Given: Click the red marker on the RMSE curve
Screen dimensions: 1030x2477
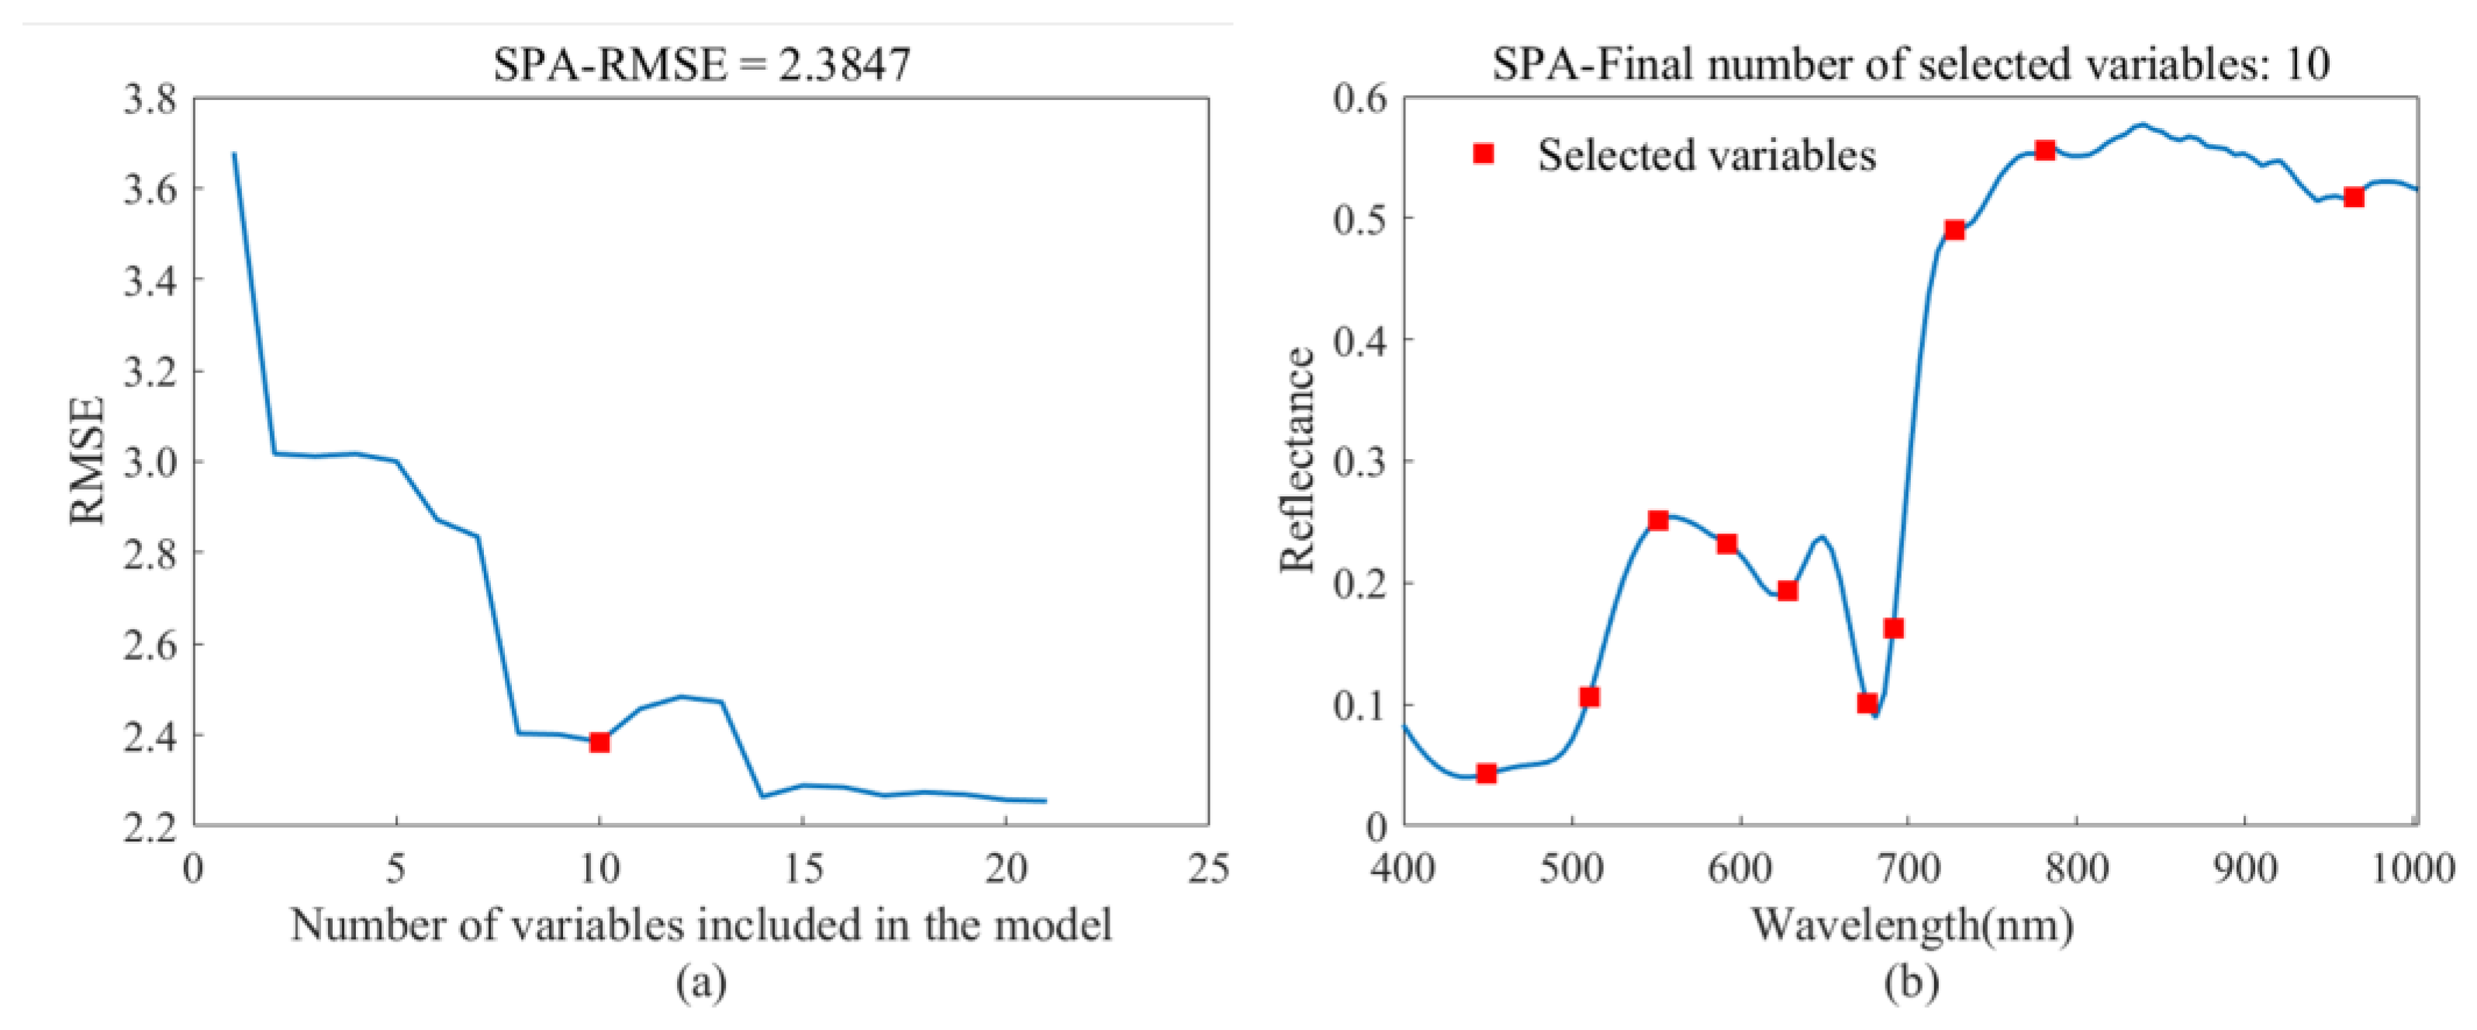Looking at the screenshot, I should [599, 741].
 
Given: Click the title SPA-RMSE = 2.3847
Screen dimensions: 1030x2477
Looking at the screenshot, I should [701, 65].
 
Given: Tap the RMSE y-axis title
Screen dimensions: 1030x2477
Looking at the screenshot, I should [88, 461].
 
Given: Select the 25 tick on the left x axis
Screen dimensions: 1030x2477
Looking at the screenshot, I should [1207, 869].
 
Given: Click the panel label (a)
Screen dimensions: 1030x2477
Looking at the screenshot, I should [701, 983].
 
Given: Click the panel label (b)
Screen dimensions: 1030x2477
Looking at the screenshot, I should [1912, 983].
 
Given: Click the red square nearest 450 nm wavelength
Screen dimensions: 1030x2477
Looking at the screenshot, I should [1487, 773].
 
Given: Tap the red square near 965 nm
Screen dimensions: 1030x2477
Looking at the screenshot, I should [2354, 197].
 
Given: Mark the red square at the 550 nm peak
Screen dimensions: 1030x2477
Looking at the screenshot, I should [1659, 520].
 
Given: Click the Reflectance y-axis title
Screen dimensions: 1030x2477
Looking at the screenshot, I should [1297, 461].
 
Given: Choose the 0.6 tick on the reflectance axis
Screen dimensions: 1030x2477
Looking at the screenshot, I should [1360, 99].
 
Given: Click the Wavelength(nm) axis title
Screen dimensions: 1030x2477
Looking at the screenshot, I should [1912, 925].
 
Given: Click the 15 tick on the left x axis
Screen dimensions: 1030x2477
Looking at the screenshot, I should [802, 869].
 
